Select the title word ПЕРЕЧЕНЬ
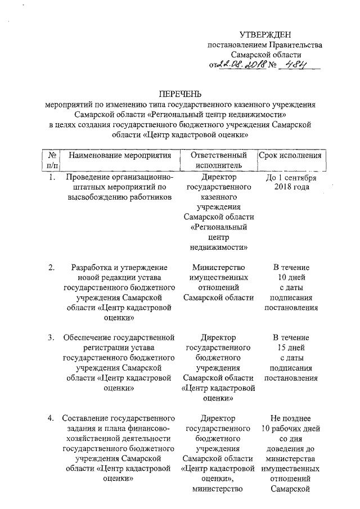179,93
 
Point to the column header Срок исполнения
290,155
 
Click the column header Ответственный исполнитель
219,160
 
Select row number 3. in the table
51,337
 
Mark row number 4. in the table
51,418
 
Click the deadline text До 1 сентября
291,179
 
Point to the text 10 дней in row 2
291,277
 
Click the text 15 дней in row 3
291,348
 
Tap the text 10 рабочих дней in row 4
291,428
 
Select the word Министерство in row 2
219,267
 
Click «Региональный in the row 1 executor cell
219,227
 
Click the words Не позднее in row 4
291,418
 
